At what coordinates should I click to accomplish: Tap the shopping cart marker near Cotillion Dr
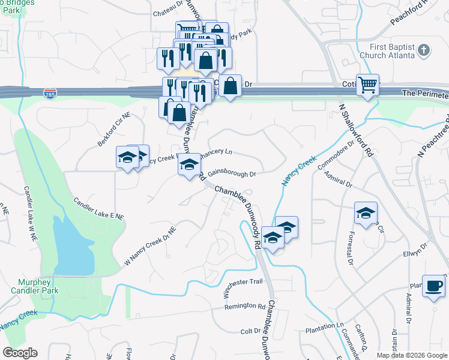pyautogui.click(x=367, y=85)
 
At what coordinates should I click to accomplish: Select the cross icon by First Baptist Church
pyautogui.click(x=424, y=50)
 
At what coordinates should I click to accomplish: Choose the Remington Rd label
pyautogui.click(x=245, y=307)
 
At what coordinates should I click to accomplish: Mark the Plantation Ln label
pyautogui.click(x=323, y=326)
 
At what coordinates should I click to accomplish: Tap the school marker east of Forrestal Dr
pyautogui.click(x=366, y=212)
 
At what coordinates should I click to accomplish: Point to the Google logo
pyautogui.click(x=20, y=353)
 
